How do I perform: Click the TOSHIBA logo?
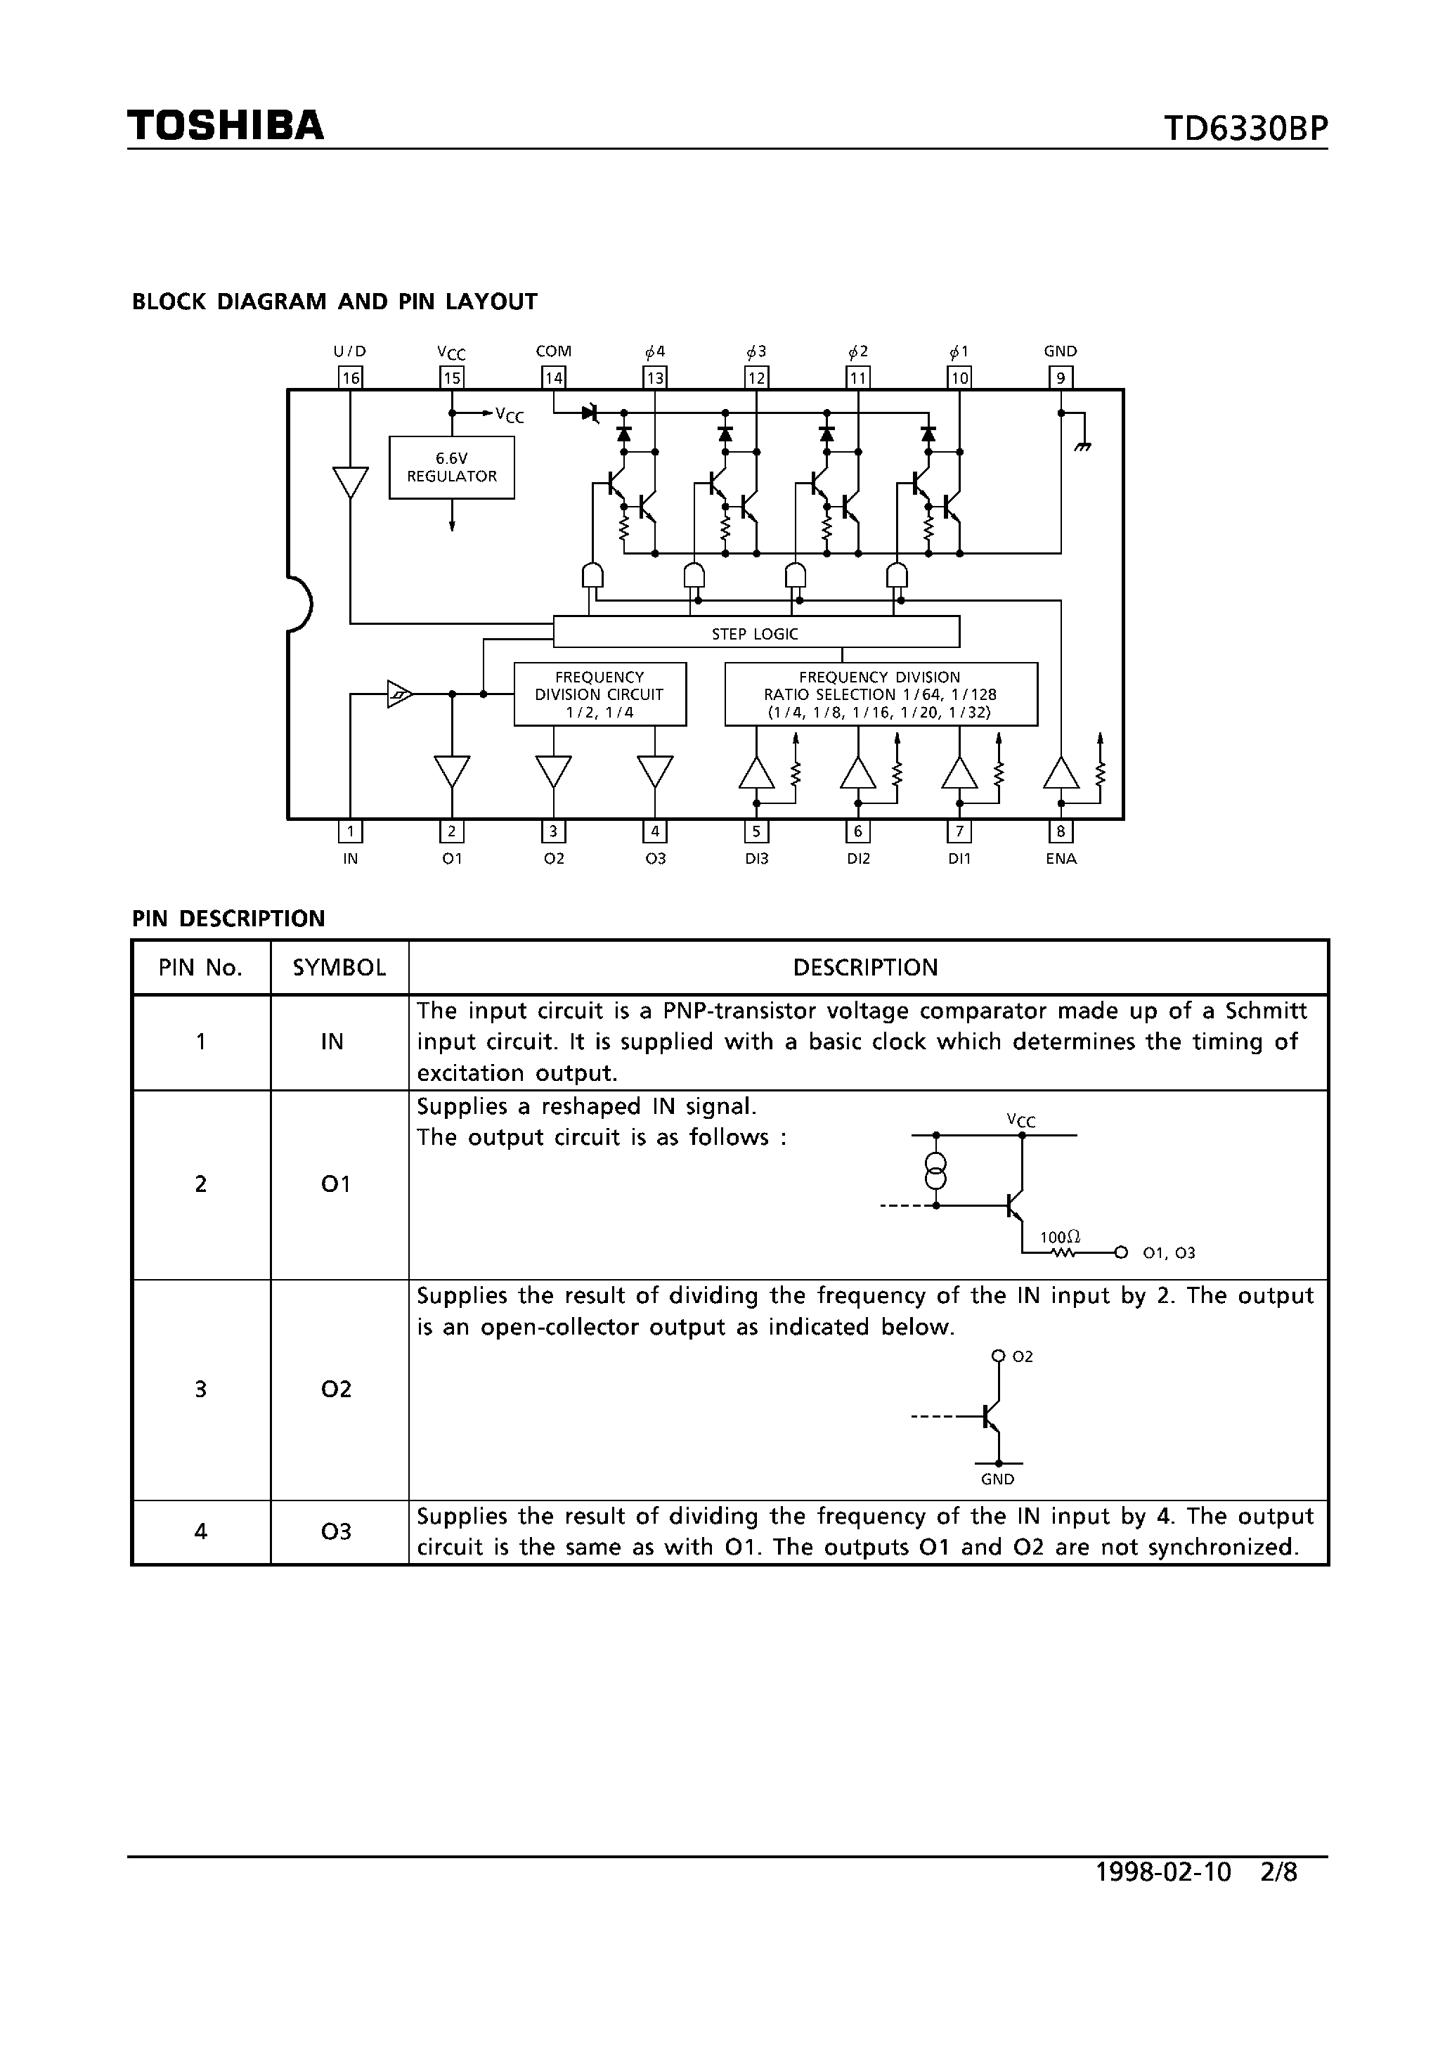coord(226,125)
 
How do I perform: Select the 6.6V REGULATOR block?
coord(451,467)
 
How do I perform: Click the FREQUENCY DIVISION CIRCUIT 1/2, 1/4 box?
coord(599,694)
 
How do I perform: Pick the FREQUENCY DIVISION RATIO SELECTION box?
coord(880,694)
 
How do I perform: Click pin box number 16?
coord(350,377)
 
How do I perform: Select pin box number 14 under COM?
coord(553,377)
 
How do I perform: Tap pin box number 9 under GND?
coord(1061,377)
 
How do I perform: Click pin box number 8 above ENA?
coord(1061,831)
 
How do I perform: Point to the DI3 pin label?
coord(756,858)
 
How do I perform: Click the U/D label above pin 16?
coord(350,351)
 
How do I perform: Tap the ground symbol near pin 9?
coord(1083,445)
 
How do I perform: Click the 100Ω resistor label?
coord(1060,1238)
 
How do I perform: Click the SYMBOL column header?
coord(339,968)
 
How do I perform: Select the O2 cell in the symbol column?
coord(336,1389)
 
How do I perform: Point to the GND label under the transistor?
coord(997,1479)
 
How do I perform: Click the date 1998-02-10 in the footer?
coord(1163,1872)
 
